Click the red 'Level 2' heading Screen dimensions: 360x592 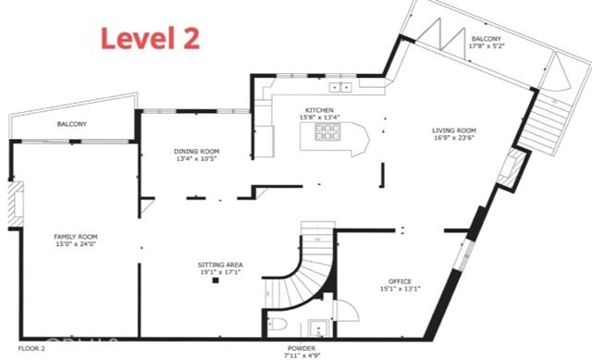click(x=149, y=38)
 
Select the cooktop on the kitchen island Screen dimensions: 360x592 click(x=327, y=136)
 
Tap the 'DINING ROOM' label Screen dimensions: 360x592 click(x=196, y=151)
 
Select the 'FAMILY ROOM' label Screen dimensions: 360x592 click(x=75, y=237)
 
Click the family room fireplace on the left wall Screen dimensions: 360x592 click(x=16, y=205)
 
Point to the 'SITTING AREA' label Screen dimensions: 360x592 click(x=218, y=264)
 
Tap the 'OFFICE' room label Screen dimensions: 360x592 click(x=400, y=281)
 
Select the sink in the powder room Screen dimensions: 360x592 click(x=318, y=327)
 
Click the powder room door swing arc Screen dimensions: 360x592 click(x=341, y=309)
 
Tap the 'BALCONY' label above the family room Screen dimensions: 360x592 click(x=71, y=124)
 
